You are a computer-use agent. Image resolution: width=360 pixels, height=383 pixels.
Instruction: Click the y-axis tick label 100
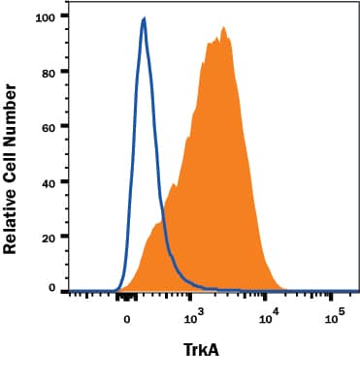tap(44, 16)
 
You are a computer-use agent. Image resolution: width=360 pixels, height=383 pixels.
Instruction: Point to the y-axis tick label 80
tap(48, 71)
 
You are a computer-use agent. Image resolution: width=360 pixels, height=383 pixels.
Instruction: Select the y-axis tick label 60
tap(48, 126)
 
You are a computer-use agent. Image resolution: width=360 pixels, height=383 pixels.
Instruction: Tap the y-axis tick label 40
tap(48, 180)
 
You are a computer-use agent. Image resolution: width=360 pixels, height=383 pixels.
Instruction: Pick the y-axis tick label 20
tap(48, 236)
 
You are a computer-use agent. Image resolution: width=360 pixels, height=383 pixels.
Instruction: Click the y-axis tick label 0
tap(51, 289)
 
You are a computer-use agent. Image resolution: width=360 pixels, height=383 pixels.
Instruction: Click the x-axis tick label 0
tap(126, 316)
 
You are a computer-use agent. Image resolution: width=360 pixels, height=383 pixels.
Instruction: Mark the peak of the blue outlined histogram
tap(144, 18)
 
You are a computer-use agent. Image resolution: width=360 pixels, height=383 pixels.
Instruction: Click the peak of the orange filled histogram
tap(224, 28)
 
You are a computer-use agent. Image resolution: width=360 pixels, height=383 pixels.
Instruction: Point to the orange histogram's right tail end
tap(283, 288)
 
